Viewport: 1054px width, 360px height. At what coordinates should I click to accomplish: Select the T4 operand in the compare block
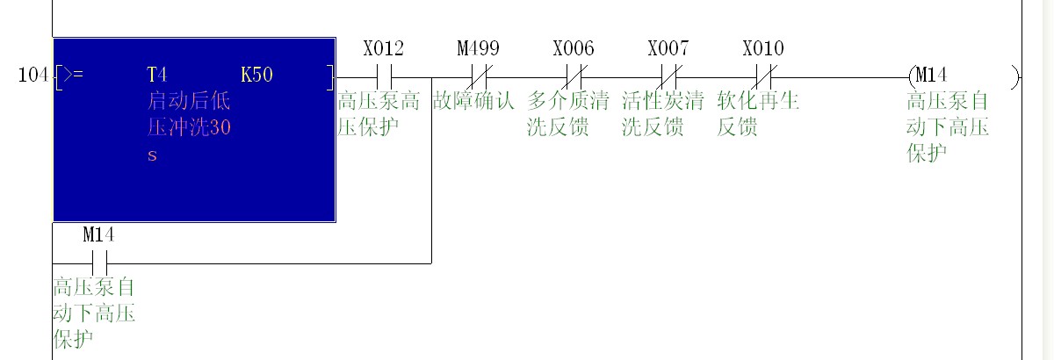[x=156, y=75]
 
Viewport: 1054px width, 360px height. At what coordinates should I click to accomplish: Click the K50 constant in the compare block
[x=256, y=75]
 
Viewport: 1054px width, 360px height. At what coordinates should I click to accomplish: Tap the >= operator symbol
[x=73, y=76]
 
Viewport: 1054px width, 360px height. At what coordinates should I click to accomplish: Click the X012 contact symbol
[x=384, y=77]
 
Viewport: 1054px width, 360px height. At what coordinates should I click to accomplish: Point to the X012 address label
[x=384, y=48]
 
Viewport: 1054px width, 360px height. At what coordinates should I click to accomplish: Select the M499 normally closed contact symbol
[x=479, y=77]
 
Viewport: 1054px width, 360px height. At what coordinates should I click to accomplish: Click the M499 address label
[x=479, y=48]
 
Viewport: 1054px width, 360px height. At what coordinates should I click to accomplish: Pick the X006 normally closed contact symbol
[x=574, y=77]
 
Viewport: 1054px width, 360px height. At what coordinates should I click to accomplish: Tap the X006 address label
[x=574, y=48]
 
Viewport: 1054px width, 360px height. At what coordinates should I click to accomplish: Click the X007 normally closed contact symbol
[x=668, y=77]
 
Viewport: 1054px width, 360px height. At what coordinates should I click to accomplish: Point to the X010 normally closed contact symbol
[x=763, y=77]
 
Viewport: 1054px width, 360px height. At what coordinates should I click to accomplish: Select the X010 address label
[x=763, y=48]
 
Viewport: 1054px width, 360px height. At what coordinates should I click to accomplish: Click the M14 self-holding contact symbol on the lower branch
[x=99, y=262]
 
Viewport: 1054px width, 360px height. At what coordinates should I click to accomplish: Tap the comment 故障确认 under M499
[x=473, y=101]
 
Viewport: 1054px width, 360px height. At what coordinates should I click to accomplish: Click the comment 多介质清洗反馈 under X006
[x=567, y=114]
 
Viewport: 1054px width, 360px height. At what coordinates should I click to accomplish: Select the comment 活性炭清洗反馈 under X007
[x=662, y=114]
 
